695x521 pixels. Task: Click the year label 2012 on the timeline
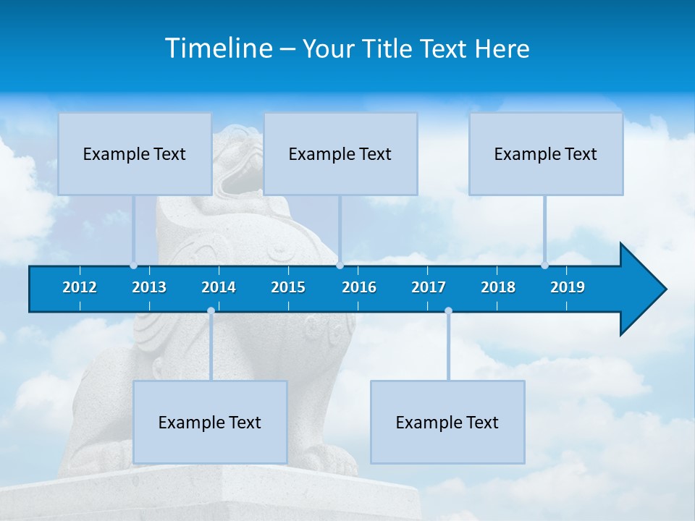(80, 287)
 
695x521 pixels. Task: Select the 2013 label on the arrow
(149, 287)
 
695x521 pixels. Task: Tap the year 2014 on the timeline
(219, 287)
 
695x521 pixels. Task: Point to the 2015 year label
(288, 287)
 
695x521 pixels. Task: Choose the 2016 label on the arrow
(359, 287)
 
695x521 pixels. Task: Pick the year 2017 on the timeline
(429, 287)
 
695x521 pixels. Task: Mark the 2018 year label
(498, 287)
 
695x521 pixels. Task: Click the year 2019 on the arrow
(568, 287)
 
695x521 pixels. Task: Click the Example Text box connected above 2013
(135, 153)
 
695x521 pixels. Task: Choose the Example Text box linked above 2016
(340, 153)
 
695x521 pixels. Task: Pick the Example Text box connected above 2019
(546, 153)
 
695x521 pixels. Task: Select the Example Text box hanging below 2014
(210, 422)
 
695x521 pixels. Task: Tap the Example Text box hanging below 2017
(447, 422)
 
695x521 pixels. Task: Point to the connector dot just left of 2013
(134, 265)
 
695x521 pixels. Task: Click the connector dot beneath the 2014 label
(211, 311)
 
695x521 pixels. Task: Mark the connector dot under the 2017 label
(448, 311)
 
